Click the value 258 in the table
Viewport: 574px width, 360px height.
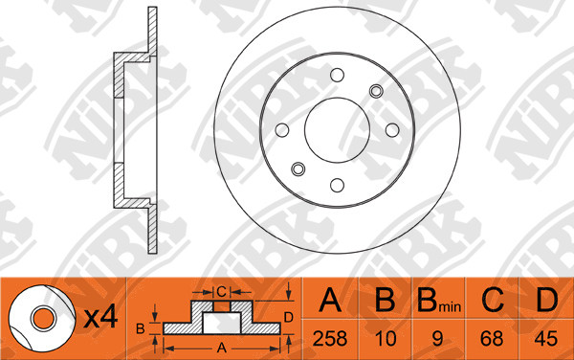pos(330,338)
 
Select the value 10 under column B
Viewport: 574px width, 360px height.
pos(386,338)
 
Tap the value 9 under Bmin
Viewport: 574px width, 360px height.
pos(437,338)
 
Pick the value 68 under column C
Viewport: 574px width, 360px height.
pos(492,338)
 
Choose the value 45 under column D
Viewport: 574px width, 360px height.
pos(546,338)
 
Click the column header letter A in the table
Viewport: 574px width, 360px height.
pos(330,300)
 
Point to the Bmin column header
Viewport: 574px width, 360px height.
pos(439,300)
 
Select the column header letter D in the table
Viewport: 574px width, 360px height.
pos(546,300)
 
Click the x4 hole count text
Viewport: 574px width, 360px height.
pos(100,317)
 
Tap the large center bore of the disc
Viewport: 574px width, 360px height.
pos(337,130)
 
